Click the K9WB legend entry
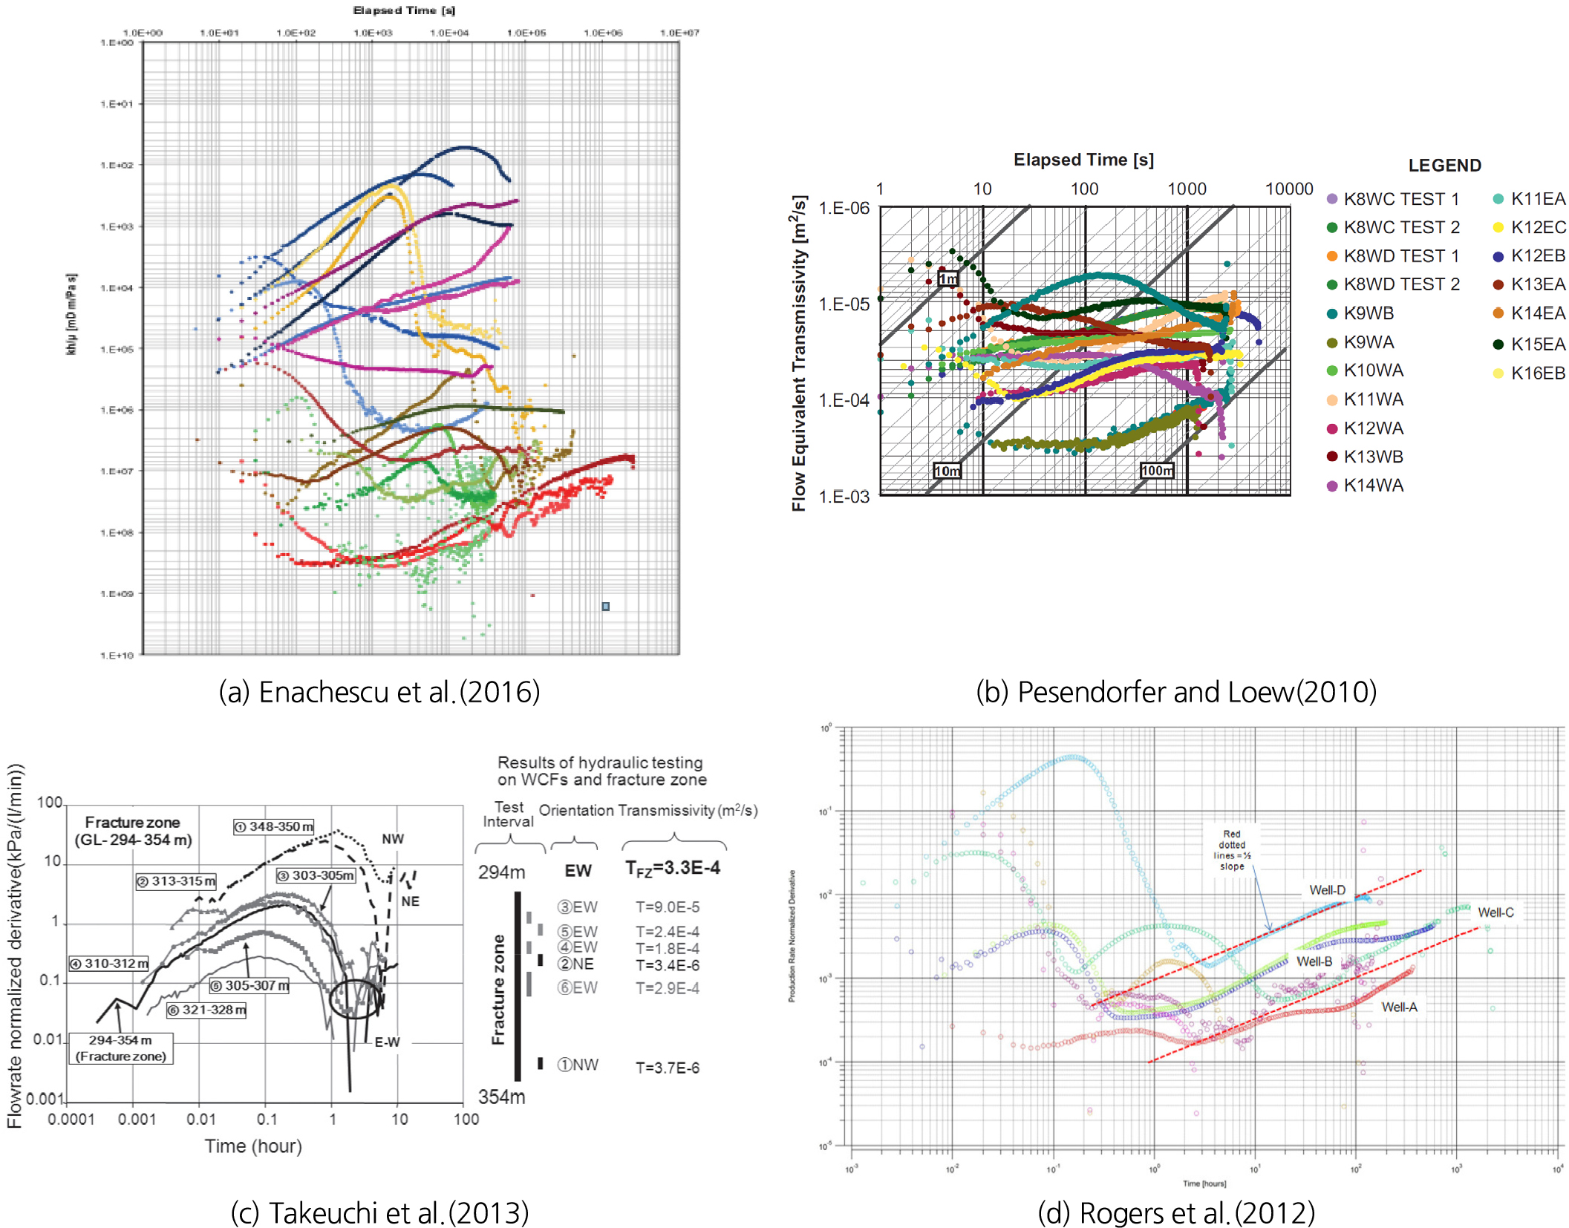tap(1368, 313)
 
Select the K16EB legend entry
tap(1537, 373)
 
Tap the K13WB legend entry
tap(1372, 457)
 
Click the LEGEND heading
tap(1444, 166)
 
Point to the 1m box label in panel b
tap(948, 278)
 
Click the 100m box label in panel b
tap(1157, 470)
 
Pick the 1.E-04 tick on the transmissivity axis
tap(844, 400)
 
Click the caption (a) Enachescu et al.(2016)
tap(379, 692)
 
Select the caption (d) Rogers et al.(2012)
tap(1175, 1212)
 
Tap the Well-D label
tap(1327, 889)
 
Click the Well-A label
tap(1399, 1007)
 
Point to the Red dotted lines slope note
tap(1232, 850)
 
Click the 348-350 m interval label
tap(274, 826)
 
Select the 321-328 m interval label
tap(206, 1010)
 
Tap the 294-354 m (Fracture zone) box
tap(121, 1048)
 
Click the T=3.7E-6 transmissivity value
tap(667, 1068)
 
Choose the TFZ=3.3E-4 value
tap(672, 868)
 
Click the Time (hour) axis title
tap(253, 1146)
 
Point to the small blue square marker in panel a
tap(606, 607)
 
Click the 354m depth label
tap(501, 1097)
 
